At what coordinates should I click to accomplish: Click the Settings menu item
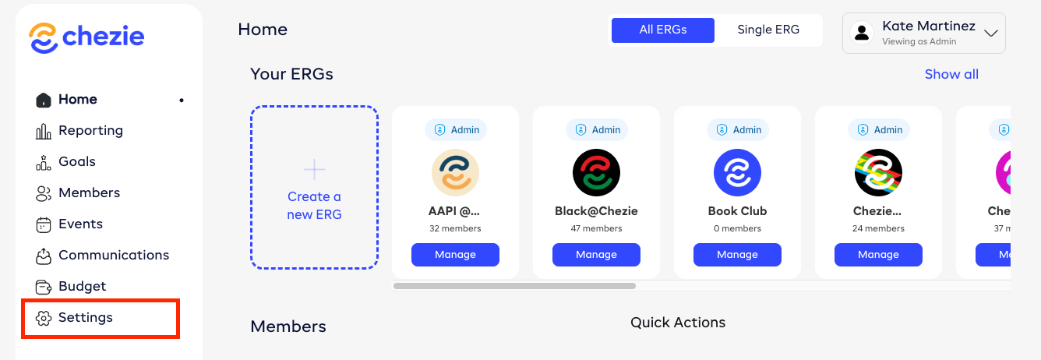point(85,318)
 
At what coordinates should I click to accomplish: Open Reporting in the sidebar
point(90,131)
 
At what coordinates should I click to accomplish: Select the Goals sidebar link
point(76,162)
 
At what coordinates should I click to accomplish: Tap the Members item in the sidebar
point(89,193)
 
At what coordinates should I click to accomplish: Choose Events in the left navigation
point(80,224)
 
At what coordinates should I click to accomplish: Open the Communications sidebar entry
point(113,256)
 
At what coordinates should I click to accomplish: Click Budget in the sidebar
point(82,287)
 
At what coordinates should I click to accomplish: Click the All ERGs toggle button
point(662,30)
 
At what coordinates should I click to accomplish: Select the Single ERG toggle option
point(768,30)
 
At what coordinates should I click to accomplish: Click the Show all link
point(951,75)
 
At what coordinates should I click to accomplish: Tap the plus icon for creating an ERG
point(314,169)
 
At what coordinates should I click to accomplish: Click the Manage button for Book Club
point(737,255)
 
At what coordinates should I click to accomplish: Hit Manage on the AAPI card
point(455,255)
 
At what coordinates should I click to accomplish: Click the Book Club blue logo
point(737,172)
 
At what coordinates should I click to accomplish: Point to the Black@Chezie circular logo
point(596,172)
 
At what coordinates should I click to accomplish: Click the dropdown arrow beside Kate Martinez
point(991,34)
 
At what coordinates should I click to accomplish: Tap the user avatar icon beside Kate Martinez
point(862,33)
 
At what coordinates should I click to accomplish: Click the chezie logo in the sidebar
point(86,37)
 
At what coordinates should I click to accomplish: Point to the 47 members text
point(596,229)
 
